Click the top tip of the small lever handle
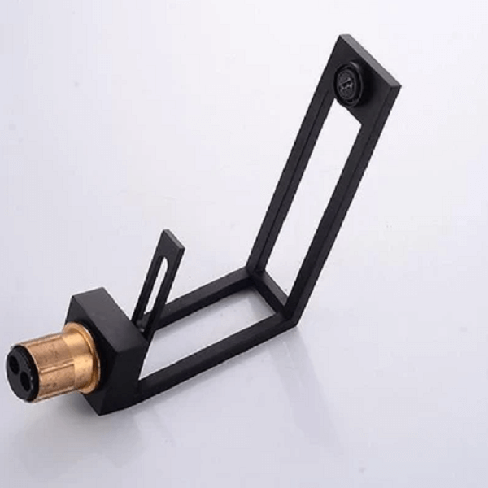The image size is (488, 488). pos(173,236)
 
